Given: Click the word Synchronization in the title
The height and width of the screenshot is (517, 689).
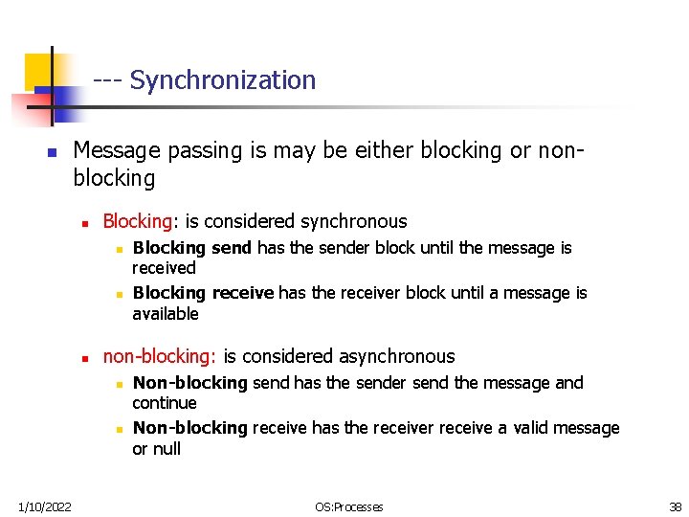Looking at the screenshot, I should (x=222, y=80).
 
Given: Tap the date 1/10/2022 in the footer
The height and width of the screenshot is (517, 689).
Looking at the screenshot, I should (x=45, y=506).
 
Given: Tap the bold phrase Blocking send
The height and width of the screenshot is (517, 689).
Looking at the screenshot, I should (x=191, y=248).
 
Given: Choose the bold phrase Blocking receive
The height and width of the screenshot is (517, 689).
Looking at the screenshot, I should (x=203, y=293).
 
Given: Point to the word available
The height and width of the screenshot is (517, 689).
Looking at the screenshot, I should (x=166, y=314).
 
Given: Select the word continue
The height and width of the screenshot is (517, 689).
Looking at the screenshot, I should (x=165, y=403).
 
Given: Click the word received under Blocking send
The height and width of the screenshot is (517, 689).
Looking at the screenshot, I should (x=164, y=268).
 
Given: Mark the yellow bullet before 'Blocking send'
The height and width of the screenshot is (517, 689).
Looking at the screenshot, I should (x=116, y=249).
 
